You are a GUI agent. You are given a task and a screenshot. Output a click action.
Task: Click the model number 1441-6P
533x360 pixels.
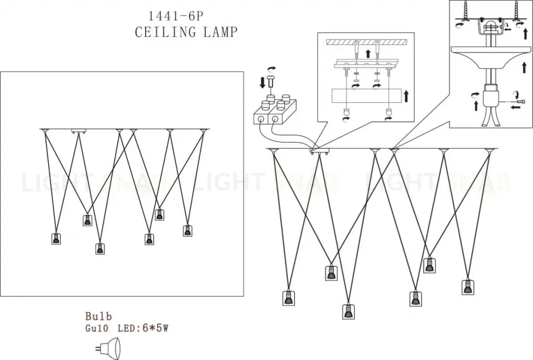click(x=176, y=16)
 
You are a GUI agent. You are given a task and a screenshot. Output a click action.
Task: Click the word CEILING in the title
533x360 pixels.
click(x=166, y=32)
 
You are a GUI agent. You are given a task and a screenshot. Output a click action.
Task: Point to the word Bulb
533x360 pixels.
click(x=98, y=316)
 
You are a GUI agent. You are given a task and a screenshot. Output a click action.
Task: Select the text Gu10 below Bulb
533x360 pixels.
click(x=97, y=329)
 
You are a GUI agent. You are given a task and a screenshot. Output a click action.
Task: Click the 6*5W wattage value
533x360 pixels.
click(x=155, y=328)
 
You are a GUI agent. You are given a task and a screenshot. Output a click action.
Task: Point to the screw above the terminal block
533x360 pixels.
click(x=271, y=82)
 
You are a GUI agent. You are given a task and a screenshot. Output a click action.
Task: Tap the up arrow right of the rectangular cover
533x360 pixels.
click(x=406, y=96)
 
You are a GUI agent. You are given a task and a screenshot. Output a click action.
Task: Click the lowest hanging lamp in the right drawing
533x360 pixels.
click(x=348, y=312)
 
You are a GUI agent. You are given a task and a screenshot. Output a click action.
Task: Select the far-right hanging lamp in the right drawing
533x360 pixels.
click(x=468, y=288)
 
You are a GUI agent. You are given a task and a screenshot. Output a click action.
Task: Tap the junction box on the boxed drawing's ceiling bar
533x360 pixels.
click(x=79, y=131)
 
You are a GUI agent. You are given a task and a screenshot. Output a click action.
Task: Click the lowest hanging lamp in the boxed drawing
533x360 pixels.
click(x=99, y=249)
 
